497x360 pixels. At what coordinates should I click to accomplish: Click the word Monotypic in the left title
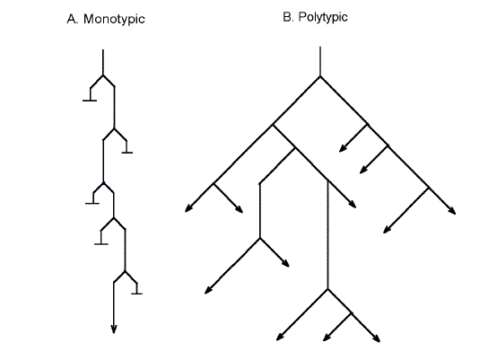[114, 19]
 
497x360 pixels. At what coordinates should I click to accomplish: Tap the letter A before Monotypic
[72, 19]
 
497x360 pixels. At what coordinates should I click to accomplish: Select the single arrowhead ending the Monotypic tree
[114, 329]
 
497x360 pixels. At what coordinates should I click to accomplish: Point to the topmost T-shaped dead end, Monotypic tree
[90, 100]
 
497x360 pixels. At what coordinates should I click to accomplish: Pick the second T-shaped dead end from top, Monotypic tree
[127, 153]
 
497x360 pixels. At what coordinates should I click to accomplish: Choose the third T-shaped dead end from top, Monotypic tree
[92, 203]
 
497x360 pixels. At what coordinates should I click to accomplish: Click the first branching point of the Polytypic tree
[320, 77]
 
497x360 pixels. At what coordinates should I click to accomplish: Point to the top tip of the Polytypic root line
[320, 46]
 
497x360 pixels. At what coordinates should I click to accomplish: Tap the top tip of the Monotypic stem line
[103, 50]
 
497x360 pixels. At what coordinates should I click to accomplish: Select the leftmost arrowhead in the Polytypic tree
[187, 211]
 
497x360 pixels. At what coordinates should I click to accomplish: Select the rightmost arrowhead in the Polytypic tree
[454, 213]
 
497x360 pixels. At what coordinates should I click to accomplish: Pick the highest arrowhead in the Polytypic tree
[340, 151]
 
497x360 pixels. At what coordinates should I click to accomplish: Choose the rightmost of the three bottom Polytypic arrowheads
[378, 340]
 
